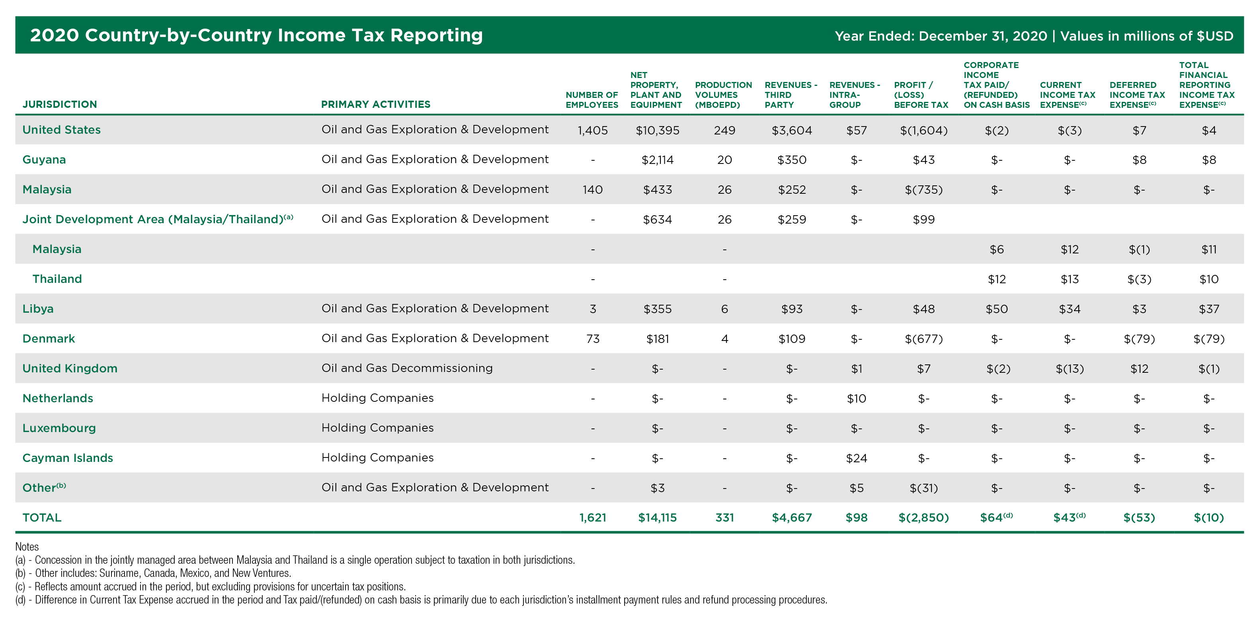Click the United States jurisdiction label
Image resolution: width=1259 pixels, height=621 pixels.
62,130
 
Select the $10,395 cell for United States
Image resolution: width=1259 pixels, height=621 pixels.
657,130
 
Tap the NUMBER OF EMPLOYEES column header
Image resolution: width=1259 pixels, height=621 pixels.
592,100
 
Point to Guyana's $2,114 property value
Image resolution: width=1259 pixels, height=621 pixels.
657,160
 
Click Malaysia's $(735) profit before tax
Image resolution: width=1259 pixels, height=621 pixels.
923,190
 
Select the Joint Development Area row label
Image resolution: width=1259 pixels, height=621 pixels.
157,219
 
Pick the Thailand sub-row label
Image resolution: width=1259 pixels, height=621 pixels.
57,279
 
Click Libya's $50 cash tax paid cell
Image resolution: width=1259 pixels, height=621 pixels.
997,309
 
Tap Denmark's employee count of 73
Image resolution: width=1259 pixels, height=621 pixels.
592,339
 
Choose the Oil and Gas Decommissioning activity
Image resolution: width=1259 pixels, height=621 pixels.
407,368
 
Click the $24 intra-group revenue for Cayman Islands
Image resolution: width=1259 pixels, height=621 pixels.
856,458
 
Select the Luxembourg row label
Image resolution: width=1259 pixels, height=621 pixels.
59,428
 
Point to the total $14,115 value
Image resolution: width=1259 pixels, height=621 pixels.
657,518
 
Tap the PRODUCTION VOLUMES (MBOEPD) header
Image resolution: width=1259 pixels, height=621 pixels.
723,95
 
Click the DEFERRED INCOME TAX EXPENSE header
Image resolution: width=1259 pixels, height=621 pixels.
1137,95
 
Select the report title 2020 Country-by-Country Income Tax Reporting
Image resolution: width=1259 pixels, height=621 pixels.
256,35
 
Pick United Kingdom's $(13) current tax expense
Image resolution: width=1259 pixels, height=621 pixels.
1070,369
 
